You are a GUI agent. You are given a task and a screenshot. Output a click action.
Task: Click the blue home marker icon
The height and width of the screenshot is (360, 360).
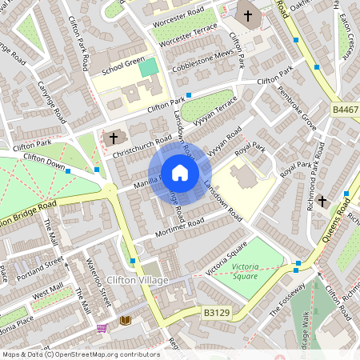click(180, 173)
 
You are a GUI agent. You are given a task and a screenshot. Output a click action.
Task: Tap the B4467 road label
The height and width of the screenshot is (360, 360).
click(345, 109)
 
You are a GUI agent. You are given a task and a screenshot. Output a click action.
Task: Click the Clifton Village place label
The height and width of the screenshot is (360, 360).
click(138, 279)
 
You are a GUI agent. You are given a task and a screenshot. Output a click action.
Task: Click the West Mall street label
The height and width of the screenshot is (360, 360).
click(47, 289)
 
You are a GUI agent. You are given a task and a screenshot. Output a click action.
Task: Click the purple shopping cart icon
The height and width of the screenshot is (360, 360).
click(102, 327)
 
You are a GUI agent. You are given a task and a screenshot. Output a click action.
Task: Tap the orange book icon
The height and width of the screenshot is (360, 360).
click(125, 321)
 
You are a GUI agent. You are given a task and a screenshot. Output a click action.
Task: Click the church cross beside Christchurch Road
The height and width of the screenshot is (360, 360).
click(110, 138)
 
